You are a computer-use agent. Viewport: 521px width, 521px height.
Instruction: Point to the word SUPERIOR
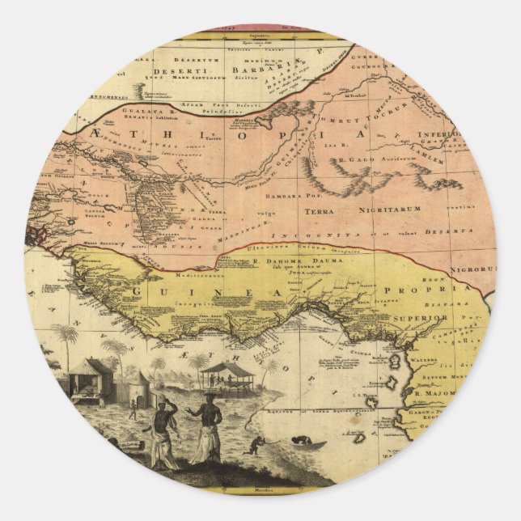click(421, 319)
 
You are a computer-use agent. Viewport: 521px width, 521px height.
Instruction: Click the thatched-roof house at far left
click(87, 378)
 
